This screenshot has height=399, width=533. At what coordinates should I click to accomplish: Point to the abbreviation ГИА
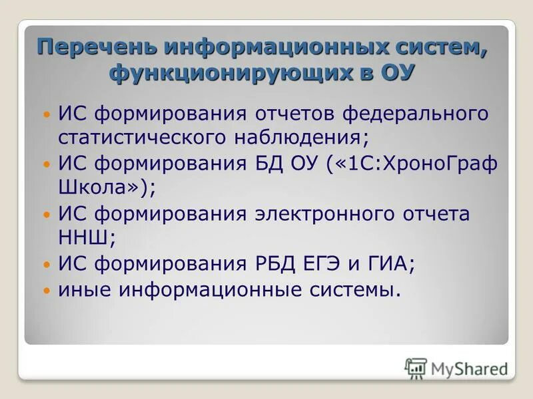click(392, 264)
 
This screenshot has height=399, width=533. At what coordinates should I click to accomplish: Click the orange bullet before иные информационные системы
click(46, 291)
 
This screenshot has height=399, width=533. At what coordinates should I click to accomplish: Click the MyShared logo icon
click(416, 368)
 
